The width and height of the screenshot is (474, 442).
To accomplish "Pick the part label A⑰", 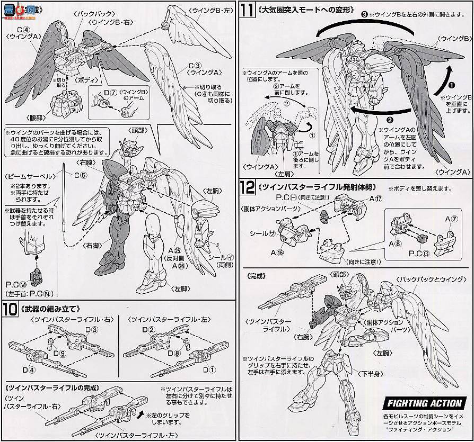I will click(376, 199).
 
